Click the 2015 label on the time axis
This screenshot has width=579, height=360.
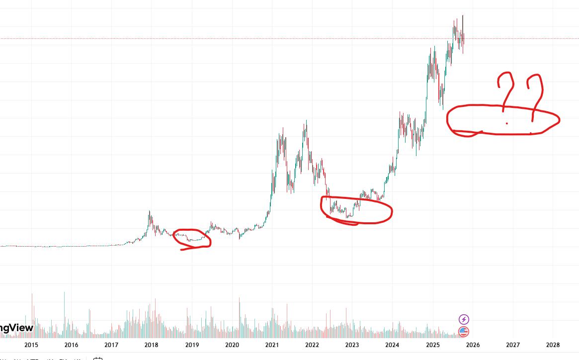tap(31, 345)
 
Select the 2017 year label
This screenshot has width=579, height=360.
tap(111, 345)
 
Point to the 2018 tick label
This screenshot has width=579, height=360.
tap(152, 345)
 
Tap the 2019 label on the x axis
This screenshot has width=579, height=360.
tap(192, 345)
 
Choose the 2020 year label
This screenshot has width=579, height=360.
tap(232, 345)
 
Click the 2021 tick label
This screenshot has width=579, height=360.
tap(272, 345)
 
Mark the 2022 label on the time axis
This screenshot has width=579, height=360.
tap(312, 345)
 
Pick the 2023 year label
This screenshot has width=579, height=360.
tap(352, 345)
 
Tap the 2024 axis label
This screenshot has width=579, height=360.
tap(392, 345)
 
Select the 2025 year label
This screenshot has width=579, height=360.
tap(432, 345)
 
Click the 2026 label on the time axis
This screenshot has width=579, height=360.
tap(473, 345)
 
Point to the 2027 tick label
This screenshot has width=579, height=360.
tap(512, 345)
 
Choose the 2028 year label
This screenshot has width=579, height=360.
tap(553, 345)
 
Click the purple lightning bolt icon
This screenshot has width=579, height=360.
tap(463, 319)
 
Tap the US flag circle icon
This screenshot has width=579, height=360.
tap(463, 332)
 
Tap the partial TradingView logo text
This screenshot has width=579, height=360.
tap(16, 328)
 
